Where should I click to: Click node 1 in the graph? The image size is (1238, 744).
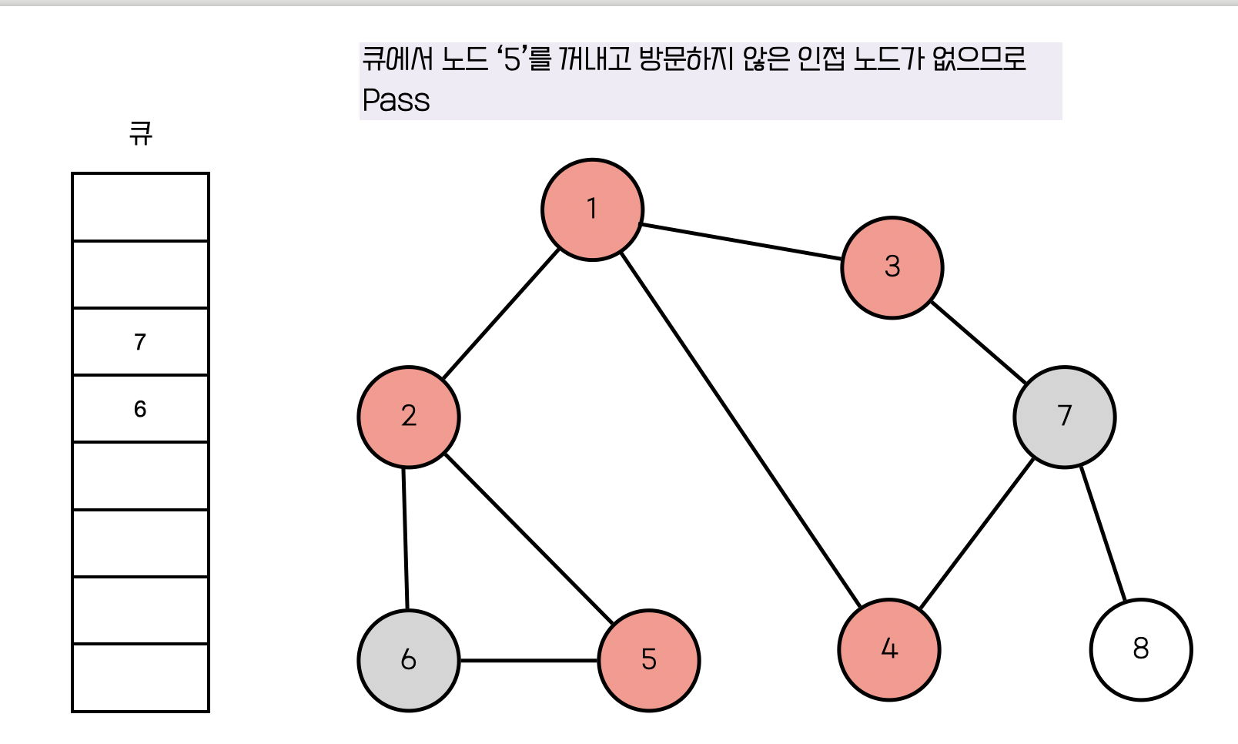592,209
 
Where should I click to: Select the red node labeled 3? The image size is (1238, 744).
892,267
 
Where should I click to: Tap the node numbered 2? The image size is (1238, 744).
409,417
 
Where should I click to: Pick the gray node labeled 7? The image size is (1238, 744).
1064,417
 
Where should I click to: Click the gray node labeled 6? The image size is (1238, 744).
409,660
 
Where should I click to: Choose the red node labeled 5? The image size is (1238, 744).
649,660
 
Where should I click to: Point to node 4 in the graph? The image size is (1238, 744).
889,649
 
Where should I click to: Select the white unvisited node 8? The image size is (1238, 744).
1140,649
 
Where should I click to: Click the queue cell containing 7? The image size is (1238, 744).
140,342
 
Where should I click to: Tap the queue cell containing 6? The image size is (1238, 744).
140,409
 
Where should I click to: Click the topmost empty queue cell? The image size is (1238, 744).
140,207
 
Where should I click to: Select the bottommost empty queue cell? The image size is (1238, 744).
140,678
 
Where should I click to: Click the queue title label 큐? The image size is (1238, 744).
140,134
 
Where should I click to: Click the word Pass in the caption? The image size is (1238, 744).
396,101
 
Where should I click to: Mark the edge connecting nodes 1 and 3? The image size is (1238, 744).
741,242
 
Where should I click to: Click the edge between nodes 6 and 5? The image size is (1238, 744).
529,660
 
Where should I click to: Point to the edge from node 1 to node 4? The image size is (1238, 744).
741,429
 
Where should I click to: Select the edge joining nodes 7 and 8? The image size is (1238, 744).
1102,533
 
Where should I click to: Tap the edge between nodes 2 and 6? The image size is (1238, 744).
406,538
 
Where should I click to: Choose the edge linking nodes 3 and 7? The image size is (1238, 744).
979,342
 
